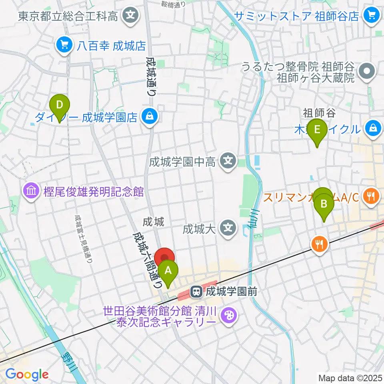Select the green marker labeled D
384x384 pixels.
tap(60, 106)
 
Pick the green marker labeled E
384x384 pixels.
tap(317, 131)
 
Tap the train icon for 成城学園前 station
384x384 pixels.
tap(196, 292)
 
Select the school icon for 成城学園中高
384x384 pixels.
tap(228, 162)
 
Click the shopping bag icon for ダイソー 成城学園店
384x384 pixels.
tap(150, 117)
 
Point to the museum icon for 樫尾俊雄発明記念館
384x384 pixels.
tap(32, 191)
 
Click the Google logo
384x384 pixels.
tap(27, 374)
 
